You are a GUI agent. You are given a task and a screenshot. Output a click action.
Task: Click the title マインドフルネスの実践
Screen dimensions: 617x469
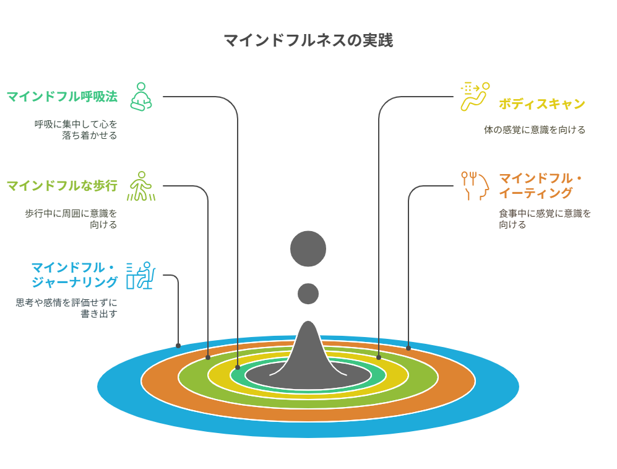click(x=308, y=40)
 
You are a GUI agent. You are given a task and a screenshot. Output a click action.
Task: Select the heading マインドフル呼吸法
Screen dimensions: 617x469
click(x=62, y=97)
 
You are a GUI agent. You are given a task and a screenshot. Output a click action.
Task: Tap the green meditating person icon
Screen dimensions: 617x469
click(x=141, y=97)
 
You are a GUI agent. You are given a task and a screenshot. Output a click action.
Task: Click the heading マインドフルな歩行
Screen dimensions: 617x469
click(x=62, y=185)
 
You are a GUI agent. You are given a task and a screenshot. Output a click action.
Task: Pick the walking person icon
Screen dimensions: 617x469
click(x=141, y=186)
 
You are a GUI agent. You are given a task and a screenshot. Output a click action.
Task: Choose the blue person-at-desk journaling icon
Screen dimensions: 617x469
click(x=141, y=275)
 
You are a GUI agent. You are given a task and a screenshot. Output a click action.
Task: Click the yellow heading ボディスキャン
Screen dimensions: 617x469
click(x=542, y=104)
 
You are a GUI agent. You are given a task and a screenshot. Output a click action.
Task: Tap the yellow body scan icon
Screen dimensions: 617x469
click(x=475, y=97)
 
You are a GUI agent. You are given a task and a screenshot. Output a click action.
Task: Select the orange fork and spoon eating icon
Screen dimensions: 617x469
click(x=475, y=186)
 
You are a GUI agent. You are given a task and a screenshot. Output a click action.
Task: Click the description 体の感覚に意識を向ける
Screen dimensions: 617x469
click(x=535, y=130)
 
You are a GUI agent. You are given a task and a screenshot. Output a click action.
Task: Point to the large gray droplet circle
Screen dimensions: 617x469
click(x=308, y=249)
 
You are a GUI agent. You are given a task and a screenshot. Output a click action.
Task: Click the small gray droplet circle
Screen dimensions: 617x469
click(x=308, y=294)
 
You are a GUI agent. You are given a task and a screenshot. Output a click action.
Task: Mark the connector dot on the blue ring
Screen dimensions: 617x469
click(x=178, y=346)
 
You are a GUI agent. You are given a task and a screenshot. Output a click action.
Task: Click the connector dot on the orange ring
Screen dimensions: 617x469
click(x=408, y=348)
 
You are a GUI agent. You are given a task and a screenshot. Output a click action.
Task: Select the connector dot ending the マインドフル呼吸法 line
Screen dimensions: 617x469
click(x=238, y=367)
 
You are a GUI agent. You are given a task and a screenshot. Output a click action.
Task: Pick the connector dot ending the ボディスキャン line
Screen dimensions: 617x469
click(x=379, y=357)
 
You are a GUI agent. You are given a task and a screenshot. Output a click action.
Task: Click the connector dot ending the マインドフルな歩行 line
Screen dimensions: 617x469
click(x=208, y=357)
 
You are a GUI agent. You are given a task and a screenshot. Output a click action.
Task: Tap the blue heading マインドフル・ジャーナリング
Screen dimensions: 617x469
click(x=74, y=275)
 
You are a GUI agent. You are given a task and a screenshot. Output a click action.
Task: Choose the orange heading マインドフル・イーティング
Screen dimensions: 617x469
click(x=540, y=185)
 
